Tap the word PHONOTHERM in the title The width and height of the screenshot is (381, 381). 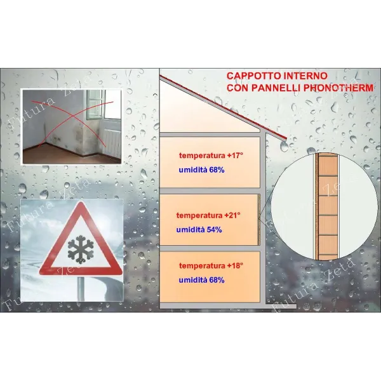point(338,88)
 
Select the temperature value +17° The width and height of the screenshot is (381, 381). point(235,156)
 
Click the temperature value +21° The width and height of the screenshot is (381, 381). point(232,215)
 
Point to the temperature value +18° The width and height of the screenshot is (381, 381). point(235,265)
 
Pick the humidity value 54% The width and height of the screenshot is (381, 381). point(215,230)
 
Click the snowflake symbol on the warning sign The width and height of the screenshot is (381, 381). point(81,250)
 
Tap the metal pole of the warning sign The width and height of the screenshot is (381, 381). point(81,288)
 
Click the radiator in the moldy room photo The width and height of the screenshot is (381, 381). point(112,143)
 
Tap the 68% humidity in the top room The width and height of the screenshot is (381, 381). point(217,170)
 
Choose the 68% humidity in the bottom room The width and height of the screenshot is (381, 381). point(217,280)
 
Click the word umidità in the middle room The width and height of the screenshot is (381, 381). point(190,230)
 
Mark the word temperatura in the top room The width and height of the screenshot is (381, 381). point(202,156)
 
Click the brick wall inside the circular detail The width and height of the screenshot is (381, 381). point(328,206)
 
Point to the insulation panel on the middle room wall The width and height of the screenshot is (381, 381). point(259,220)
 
